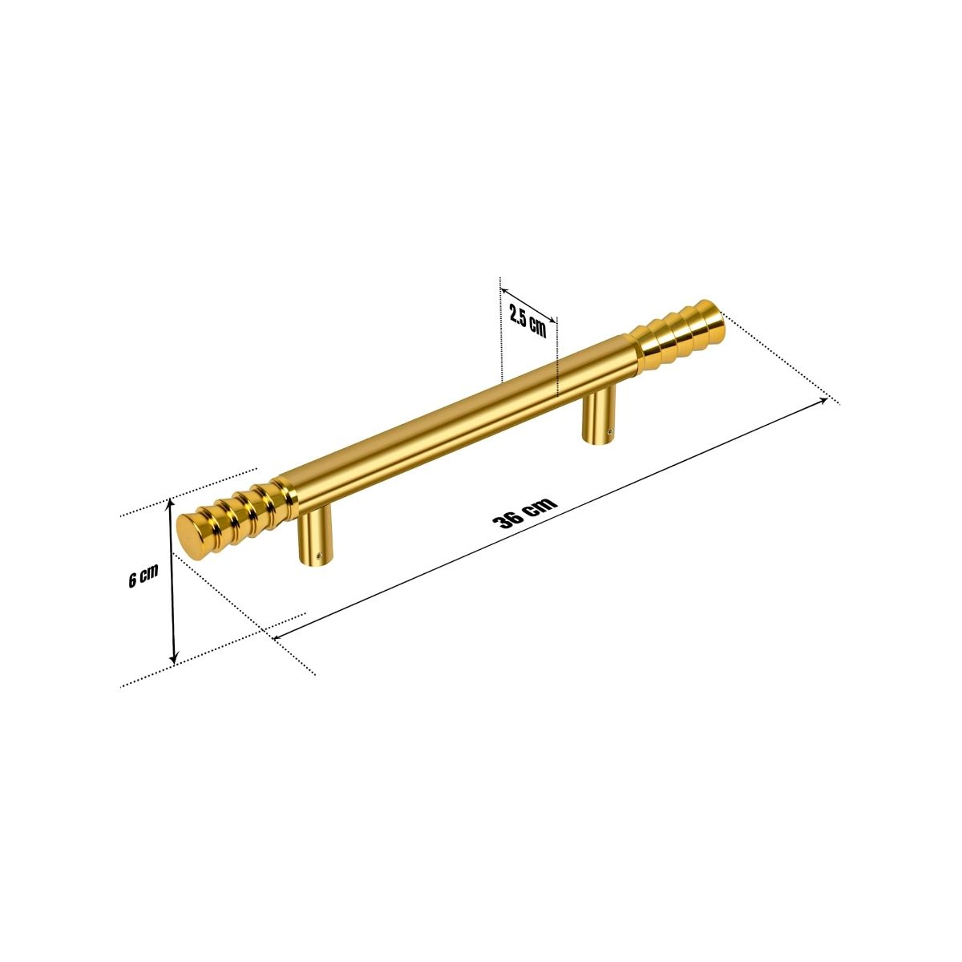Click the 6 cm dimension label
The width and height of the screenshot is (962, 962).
click(143, 578)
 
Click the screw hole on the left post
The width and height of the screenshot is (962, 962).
click(321, 554)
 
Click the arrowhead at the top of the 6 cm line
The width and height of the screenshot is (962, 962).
click(170, 503)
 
